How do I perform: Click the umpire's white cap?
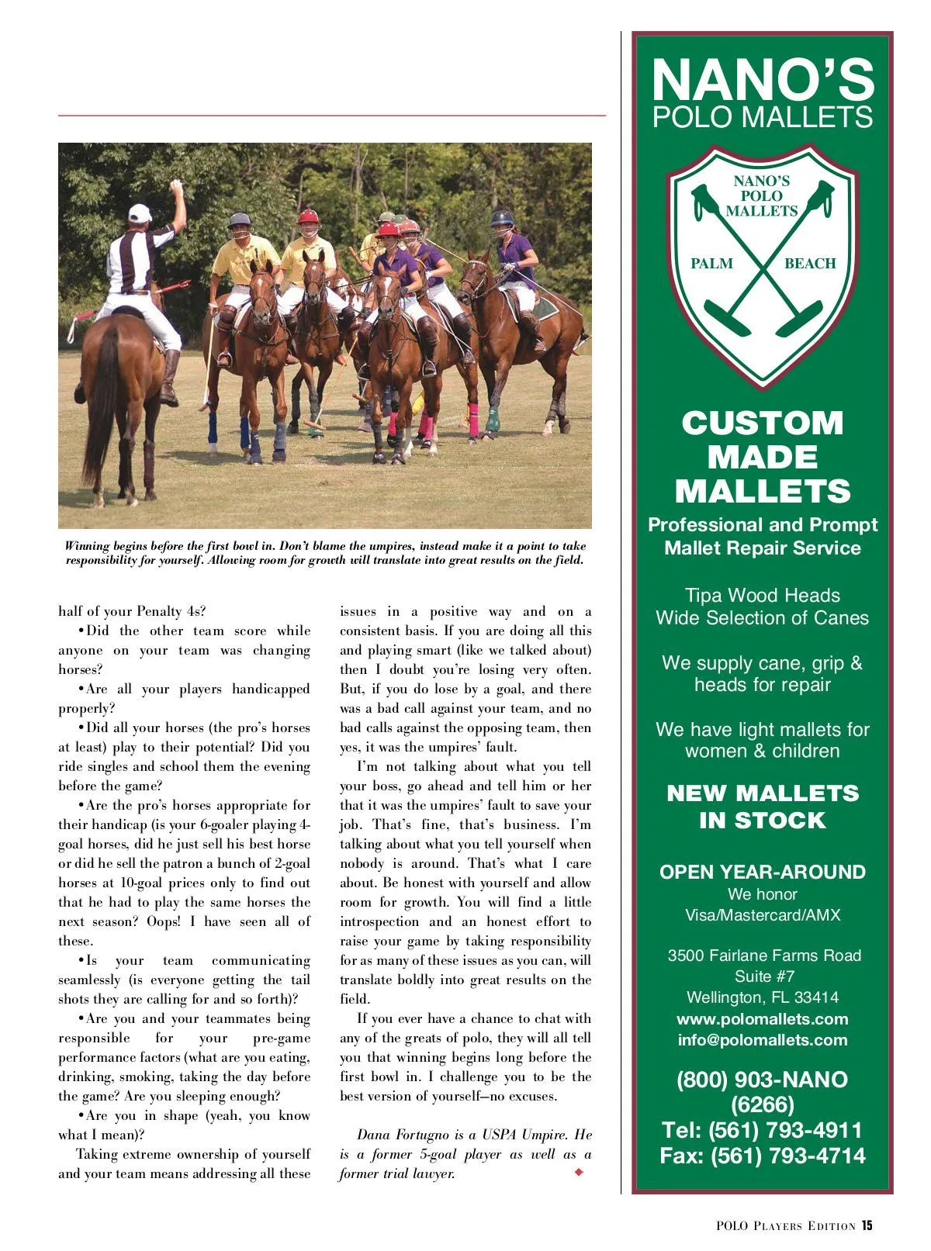(140, 213)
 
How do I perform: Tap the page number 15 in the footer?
(867, 1225)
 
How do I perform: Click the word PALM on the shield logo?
(711, 264)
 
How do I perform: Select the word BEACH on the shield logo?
(810, 264)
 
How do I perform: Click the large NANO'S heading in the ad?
(763, 80)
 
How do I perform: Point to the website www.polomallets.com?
(763, 1019)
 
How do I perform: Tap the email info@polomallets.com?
(763, 1040)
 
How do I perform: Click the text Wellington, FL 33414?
(763, 997)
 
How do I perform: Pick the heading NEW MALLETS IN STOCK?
(763, 807)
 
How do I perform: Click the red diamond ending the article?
(579, 1172)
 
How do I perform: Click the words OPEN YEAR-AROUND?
(763, 872)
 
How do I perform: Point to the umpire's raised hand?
(176, 188)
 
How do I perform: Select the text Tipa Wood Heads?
(763, 596)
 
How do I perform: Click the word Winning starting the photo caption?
(87, 546)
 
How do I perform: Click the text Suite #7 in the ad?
(764, 976)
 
